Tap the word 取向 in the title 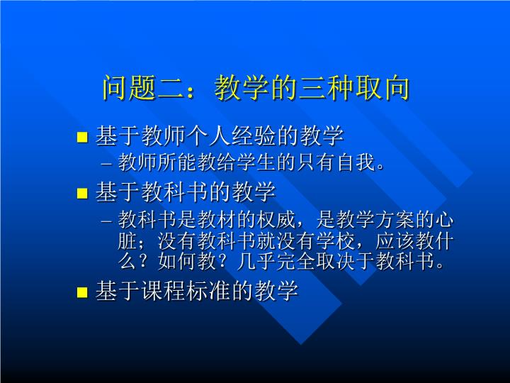(382, 88)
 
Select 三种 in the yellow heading (326, 88)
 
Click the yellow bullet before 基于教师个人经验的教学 (82, 137)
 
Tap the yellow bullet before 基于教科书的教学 (82, 193)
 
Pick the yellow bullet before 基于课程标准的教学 (82, 292)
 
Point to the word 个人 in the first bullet (208, 135)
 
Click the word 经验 (254, 135)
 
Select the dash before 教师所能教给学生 (106, 164)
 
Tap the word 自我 (357, 162)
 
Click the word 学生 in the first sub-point (256, 162)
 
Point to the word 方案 (395, 220)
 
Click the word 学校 (336, 241)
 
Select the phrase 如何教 (187, 261)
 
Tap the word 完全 (296, 261)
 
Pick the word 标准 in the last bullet (208, 291)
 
